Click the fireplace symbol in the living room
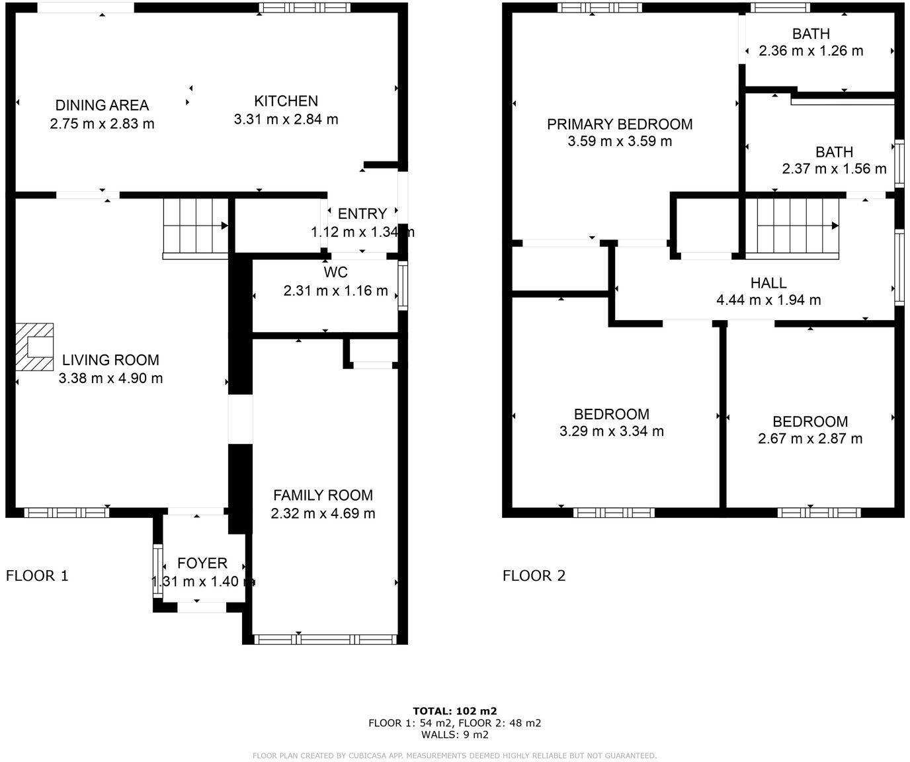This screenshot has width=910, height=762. click(x=34, y=347)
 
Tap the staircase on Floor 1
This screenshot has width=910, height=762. click(x=196, y=226)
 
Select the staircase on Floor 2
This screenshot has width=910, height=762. click(x=797, y=226)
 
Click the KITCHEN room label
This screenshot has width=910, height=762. click(x=286, y=101)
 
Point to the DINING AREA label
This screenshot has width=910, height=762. click(x=102, y=105)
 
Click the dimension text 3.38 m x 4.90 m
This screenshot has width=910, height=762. click(x=110, y=378)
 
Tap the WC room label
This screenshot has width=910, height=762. click(x=335, y=273)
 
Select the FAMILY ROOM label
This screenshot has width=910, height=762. click(x=323, y=495)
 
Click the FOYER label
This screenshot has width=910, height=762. click(x=202, y=564)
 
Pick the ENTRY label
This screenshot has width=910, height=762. click(x=362, y=214)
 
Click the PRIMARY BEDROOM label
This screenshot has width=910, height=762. click(x=620, y=124)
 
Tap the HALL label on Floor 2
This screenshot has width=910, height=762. click(x=768, y=283)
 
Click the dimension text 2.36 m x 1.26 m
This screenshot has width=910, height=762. click(x=811, y=51)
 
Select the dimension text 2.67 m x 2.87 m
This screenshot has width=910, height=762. click(x=810, y=439)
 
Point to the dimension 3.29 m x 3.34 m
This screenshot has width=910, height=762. click(x=611, y=431)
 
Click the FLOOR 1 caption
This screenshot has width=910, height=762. click(x=37, y=575)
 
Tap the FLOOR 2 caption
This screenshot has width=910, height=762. click(x=534, y=575)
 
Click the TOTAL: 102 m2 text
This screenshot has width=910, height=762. click(x=454, y=712)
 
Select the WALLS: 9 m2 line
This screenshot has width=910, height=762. click(x=454, y=734)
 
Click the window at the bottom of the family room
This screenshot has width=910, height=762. click(x=325, y=639)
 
